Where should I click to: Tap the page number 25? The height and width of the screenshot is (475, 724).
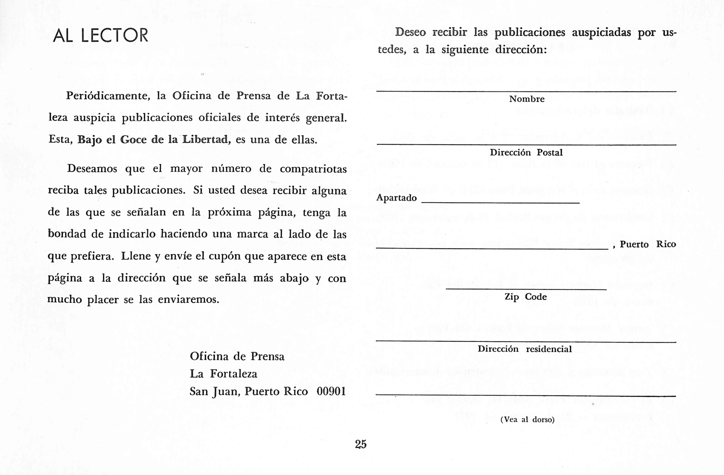point(361,444)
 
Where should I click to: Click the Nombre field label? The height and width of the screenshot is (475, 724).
point(527,99)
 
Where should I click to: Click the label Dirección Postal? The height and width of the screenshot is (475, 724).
point(526,152)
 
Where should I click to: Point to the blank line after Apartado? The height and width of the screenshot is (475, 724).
point(500,202)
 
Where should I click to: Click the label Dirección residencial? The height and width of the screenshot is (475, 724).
point(525,349)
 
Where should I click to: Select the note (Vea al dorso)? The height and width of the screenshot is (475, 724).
point(527,420)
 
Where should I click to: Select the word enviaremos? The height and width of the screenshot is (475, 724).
point(189,300)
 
